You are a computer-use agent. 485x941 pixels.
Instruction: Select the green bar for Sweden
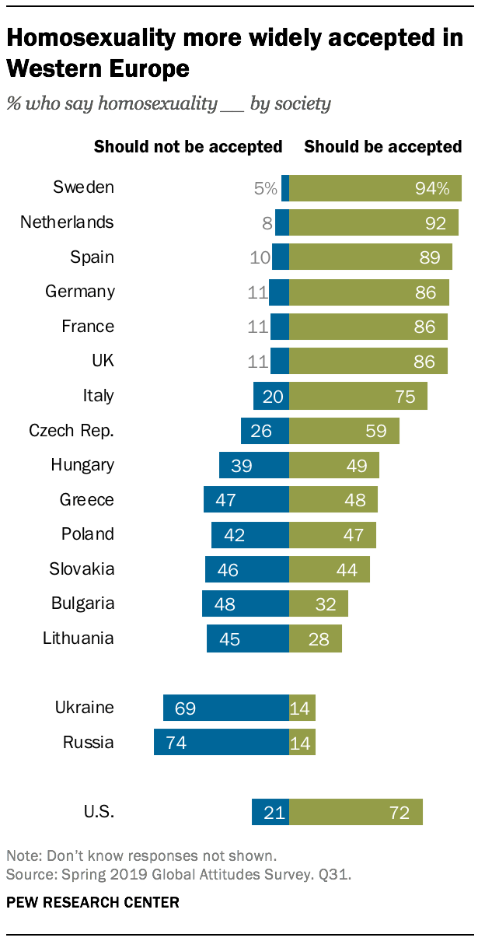tap(375, 188)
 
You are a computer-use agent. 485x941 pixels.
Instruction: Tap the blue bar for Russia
tap(222, 742)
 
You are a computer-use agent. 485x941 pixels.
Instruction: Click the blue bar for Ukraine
tap(226, 708)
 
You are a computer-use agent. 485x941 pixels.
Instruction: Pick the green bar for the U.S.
tap(355, 812)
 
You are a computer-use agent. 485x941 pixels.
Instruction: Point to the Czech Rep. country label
tap(72, 430)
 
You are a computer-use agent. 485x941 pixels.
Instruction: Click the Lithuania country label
tap(79, 638)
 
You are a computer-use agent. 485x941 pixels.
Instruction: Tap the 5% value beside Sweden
tap(265, 188)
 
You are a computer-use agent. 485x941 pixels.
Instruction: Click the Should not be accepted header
tap(187, 147)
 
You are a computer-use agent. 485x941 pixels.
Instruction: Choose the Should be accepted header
tap(382, 147)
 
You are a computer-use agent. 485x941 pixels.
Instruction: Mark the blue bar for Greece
tap(246, 499)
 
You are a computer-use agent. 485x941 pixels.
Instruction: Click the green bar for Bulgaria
tap(318, 603)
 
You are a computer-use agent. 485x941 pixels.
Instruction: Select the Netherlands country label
tap(67, 222)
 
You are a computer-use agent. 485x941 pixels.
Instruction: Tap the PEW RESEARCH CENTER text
tap(92, 902)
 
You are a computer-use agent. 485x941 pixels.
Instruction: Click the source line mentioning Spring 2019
tap(178, 874)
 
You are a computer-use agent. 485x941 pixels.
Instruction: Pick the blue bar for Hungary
tap(254, 465)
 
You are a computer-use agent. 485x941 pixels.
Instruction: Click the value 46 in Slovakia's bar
tap(228, 569)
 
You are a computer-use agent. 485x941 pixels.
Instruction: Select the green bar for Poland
tap(332, 534)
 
